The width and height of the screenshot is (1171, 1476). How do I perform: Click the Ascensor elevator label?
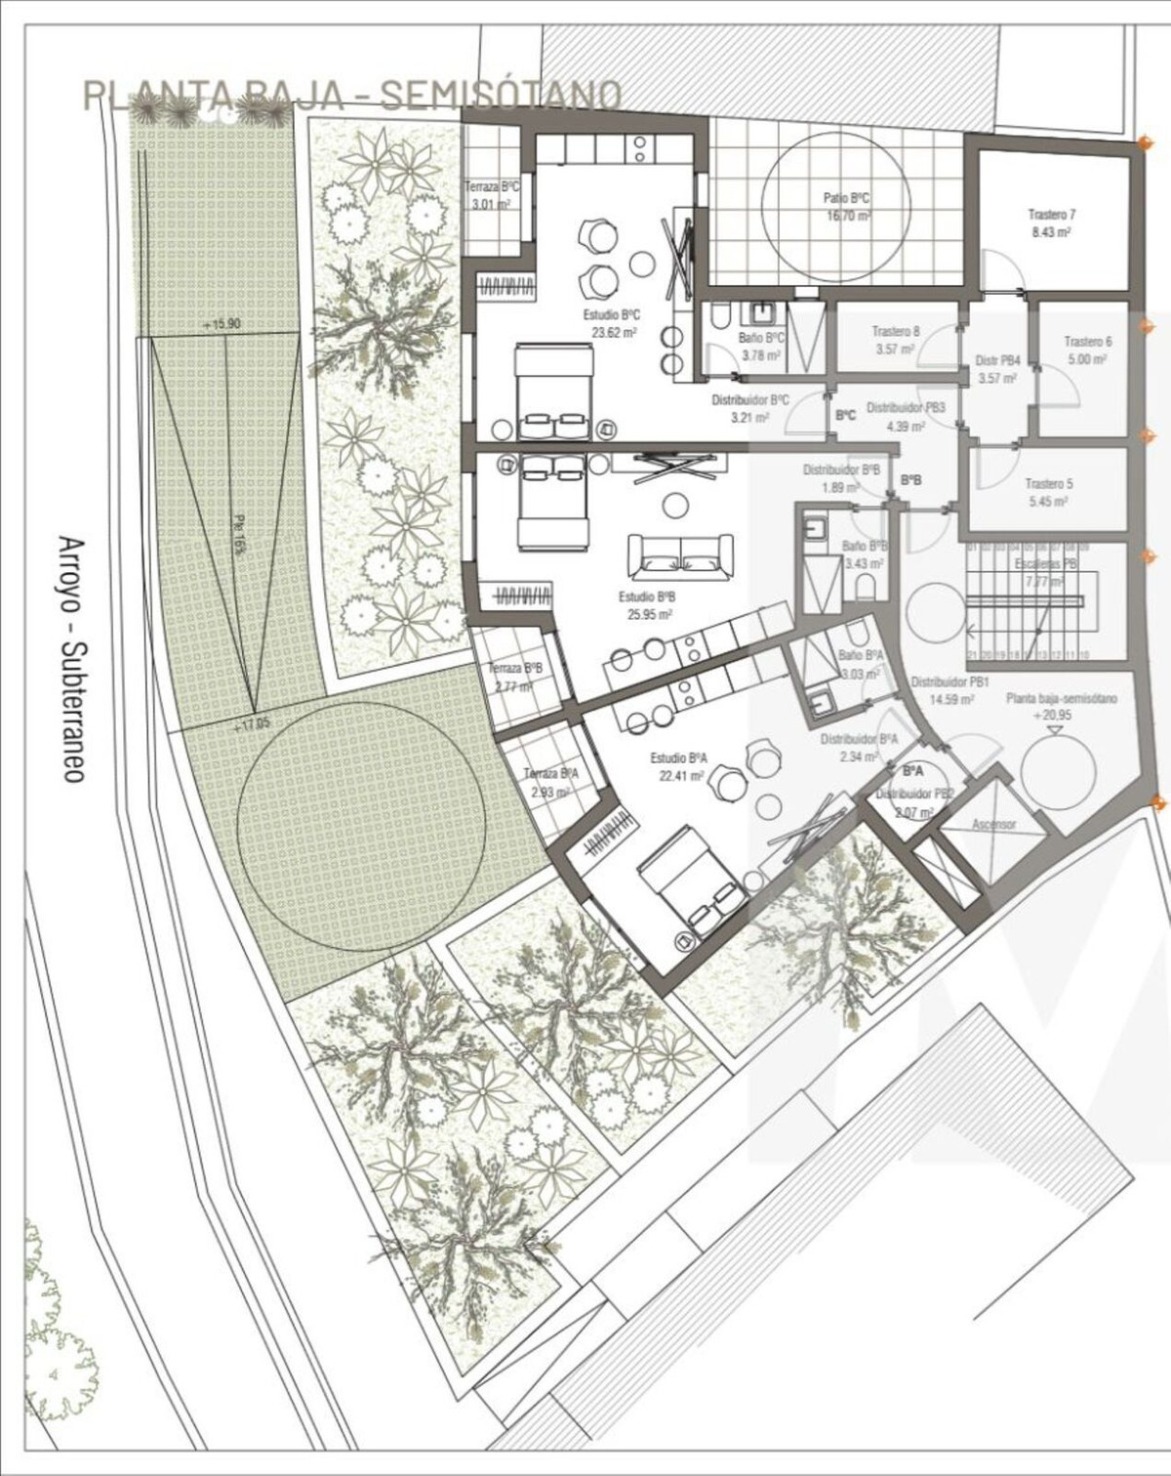click(993, 825)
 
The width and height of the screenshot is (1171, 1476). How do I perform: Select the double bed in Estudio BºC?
click(552, 389)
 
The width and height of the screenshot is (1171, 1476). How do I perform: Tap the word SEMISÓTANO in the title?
click(500, 95)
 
